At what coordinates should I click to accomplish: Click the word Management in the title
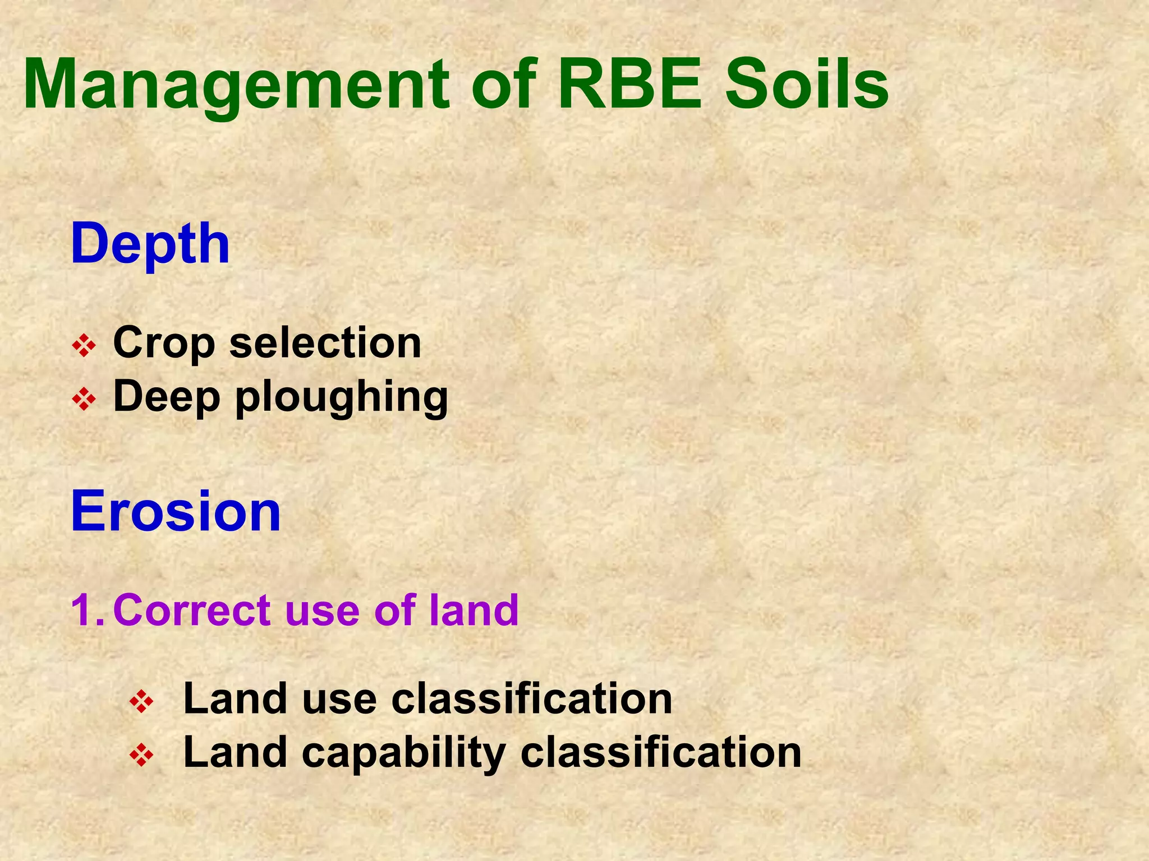tap(236, 85)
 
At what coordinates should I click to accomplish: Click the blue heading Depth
tap(150, 244)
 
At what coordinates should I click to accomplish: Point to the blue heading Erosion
tap(176, 511)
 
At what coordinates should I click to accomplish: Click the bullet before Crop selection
tap(84, 347)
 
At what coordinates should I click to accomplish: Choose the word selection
tap(325, 343)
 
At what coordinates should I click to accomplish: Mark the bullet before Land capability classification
tap(141, 756)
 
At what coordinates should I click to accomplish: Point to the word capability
tap(403, 754)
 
